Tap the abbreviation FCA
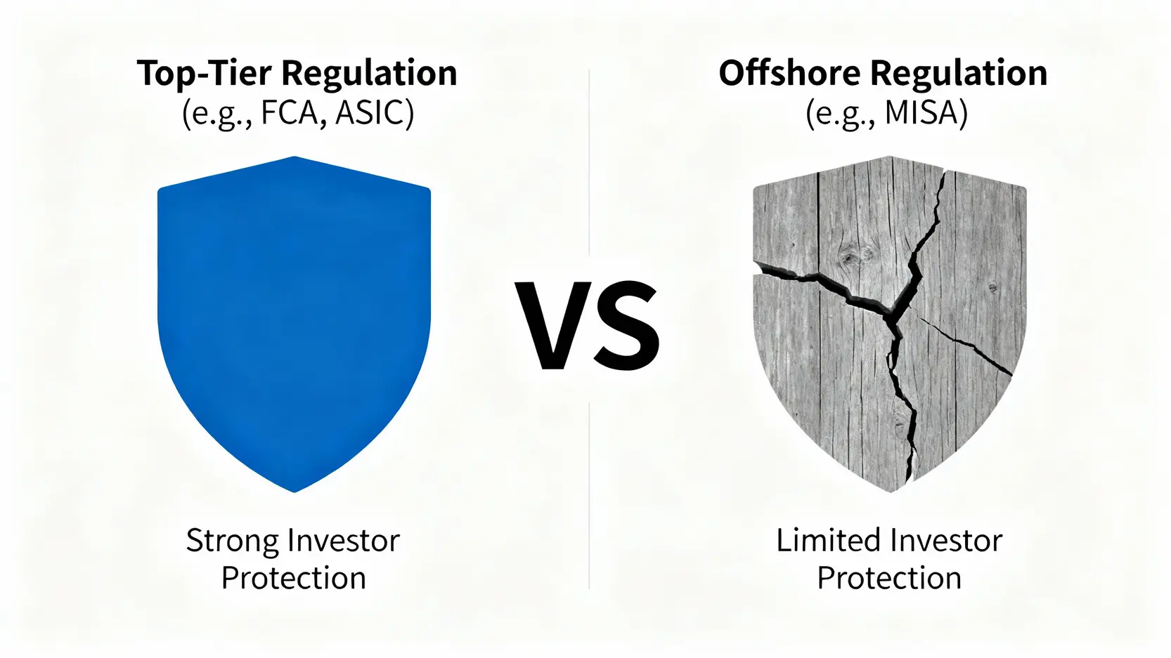(x=290, y=112)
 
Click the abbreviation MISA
(x=919, y=112)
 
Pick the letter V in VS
(x=554, y=325)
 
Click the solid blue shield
(x=294, y=324)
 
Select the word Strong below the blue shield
(x=233, y=541)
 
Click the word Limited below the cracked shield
(x=827, y=540)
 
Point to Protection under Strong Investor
(x=293, y=578)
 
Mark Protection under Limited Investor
(x=889, y=578)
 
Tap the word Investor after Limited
(x=945, y=540)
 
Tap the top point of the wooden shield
(x=889, y=157)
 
